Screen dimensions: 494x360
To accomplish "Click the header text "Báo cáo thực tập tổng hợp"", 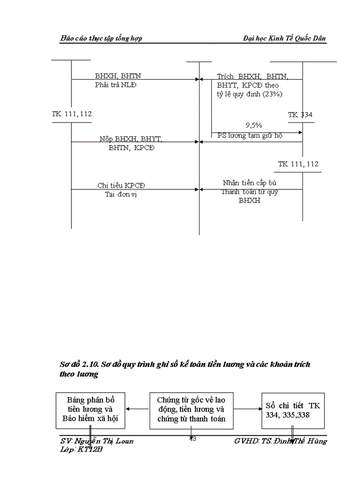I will click(x=101, y=38).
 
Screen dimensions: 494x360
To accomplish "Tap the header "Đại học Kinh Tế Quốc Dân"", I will click(x=284, y=38).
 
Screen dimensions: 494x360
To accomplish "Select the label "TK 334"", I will click(x=300, y=115).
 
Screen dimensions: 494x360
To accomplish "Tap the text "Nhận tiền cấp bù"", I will click(x=249, y=183).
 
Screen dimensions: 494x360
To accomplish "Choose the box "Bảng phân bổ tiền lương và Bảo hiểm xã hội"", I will click(x=91, y=410).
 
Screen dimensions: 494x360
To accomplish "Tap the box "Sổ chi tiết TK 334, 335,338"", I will click(x=292, y=410).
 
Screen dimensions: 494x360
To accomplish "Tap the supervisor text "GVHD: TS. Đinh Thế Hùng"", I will click(x=280, y=441).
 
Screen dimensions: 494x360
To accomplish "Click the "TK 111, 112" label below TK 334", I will click(x=298, y=164).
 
